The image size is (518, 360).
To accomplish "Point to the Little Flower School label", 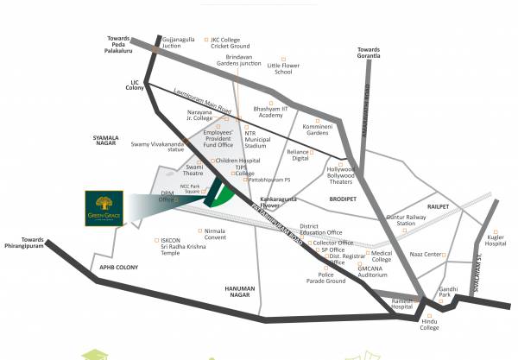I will (292, 69).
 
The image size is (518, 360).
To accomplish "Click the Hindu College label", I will (429, 324).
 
